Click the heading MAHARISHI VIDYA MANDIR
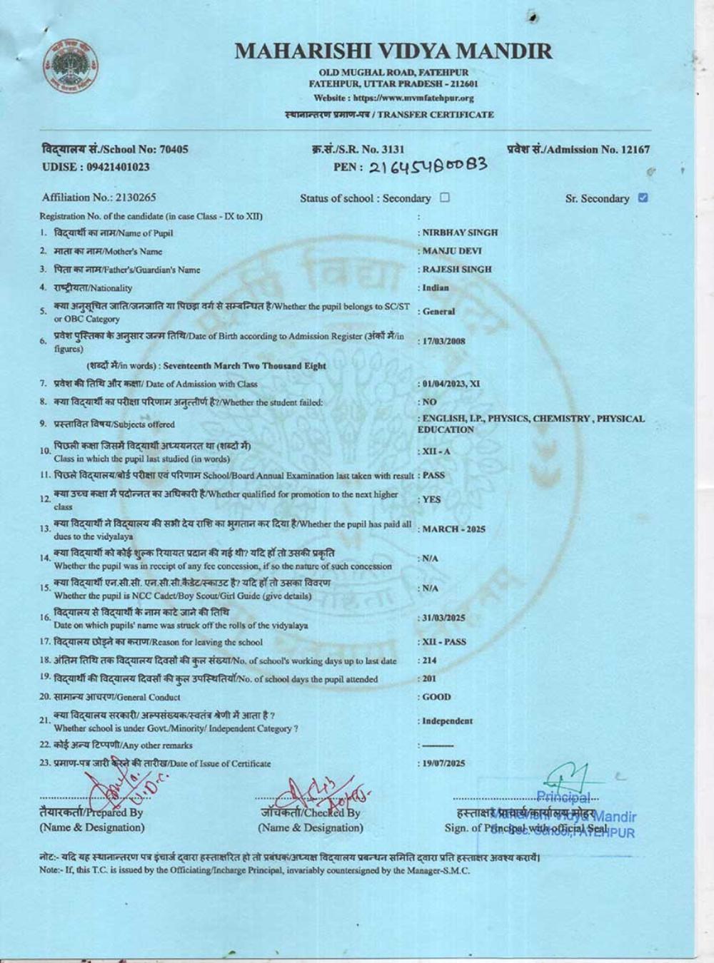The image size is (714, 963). pos(393,51)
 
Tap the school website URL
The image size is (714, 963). pos(393,98)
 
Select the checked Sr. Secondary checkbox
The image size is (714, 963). pos(643,198)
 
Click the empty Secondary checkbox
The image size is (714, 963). pos(445,198)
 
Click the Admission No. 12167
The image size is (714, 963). pos(578,149)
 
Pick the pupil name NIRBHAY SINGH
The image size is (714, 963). pos(460,233)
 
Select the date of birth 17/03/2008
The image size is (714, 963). pos(443,341)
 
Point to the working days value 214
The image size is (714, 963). pos(429,661)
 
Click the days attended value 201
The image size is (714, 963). pos(429,679)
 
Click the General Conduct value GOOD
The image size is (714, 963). pos(436,697)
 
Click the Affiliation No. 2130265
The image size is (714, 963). pos(99,198)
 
